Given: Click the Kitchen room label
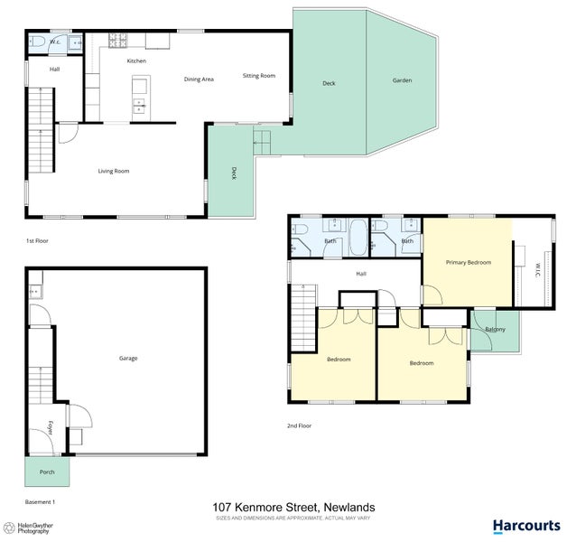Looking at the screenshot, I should (136, 61).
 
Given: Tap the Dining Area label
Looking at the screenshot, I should (199, 79).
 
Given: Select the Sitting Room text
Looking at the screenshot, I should (259, 76).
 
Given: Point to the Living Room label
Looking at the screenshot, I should (114, 171).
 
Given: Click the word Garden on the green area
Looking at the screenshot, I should (402, 80).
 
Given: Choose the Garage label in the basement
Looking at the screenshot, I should (128, 359).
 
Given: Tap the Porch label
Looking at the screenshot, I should (47, 472).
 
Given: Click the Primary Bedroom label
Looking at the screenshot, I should (469, 262).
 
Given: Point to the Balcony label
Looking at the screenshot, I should (495, 329).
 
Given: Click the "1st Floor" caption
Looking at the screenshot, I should (38, 241).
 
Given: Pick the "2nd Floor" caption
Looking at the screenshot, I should (299, 425).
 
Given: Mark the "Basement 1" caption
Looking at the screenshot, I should (42, 501).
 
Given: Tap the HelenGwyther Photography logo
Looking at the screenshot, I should (33, 528).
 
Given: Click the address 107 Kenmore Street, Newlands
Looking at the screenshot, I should (293, 508).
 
